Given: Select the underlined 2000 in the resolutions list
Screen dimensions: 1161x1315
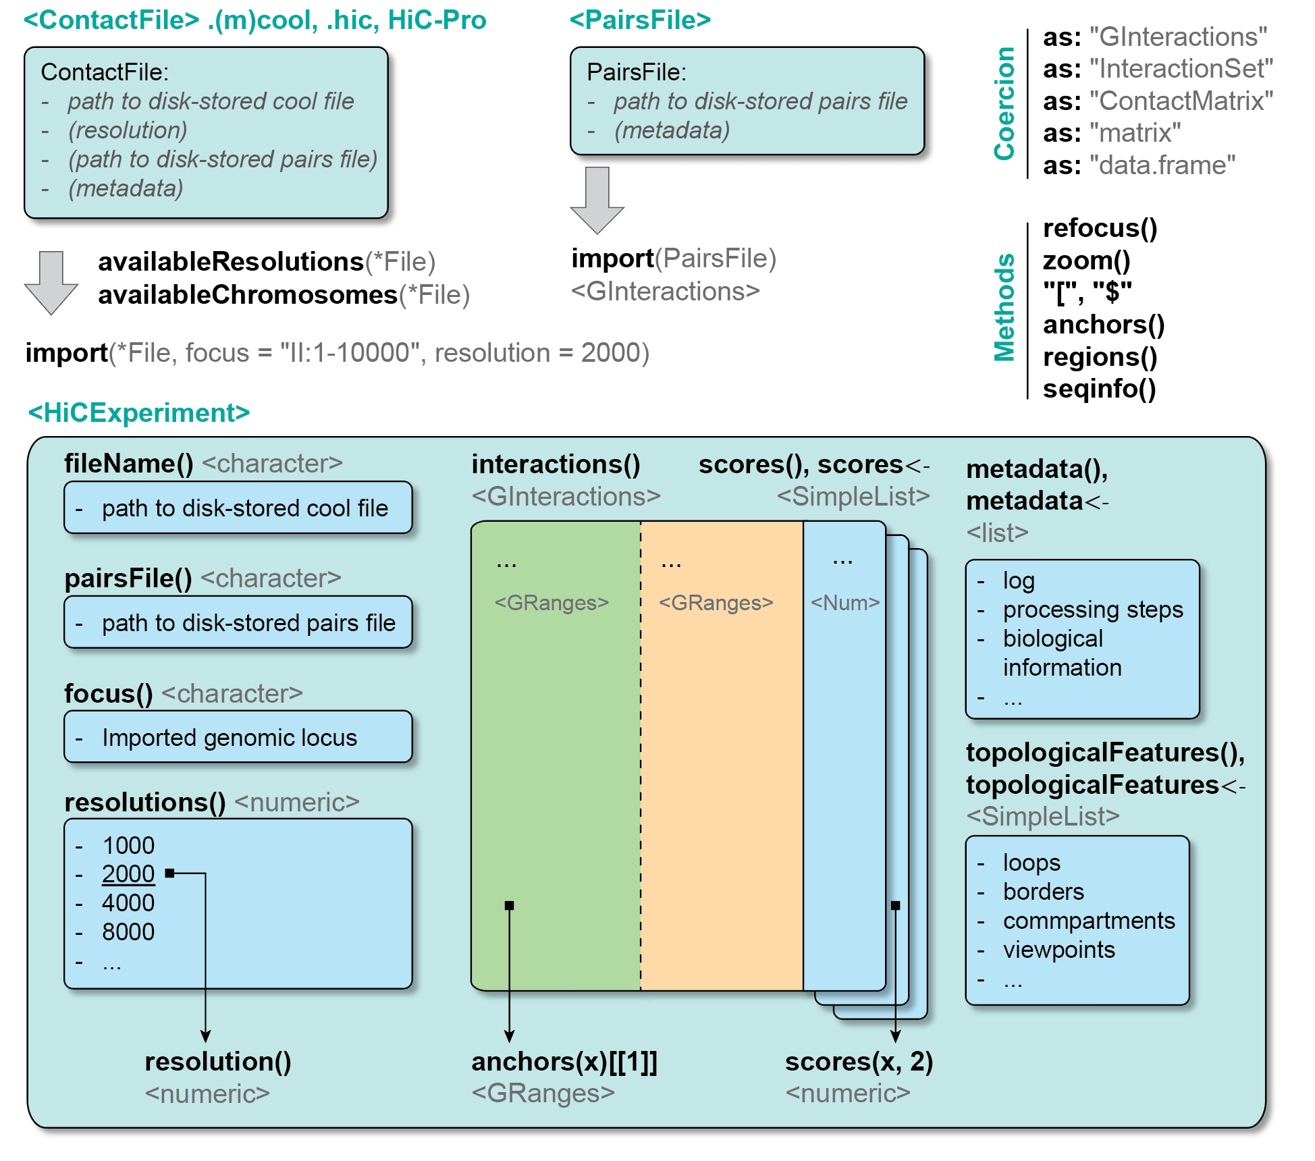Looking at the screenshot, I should pos(128,874).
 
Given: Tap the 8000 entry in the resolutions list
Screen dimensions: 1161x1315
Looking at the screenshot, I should pos(128,932).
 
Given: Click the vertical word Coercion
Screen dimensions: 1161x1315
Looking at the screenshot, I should pos(1004,103).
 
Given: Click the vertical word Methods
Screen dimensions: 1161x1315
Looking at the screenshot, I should pos(1004,308).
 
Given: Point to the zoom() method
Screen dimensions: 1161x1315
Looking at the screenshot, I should pos(1086,261).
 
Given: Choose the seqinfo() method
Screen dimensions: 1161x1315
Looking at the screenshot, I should pos(1099,389).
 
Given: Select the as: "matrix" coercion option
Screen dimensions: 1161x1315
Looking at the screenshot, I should pos(1111,133).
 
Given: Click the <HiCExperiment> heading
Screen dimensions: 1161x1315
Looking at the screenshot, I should pos(139,412).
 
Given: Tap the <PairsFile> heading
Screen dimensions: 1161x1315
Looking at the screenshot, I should pos(640,20).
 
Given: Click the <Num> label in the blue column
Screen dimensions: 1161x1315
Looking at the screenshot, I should pos(845,603).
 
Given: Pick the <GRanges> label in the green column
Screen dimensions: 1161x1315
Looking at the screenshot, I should pos(552,603).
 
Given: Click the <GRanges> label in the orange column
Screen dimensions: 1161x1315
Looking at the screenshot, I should pos(716,603).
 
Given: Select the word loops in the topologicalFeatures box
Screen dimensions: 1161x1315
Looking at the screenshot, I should pos(1031,863).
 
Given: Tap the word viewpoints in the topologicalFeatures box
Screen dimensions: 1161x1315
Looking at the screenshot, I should pos(1058,950).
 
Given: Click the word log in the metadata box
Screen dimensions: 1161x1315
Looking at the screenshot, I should pos(1019,580).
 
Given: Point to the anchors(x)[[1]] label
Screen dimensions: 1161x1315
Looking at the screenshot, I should pos(564,1062).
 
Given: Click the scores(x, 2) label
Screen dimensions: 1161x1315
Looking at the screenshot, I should pos(859,1062).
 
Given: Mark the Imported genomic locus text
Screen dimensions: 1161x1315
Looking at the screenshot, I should pos(230,738).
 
